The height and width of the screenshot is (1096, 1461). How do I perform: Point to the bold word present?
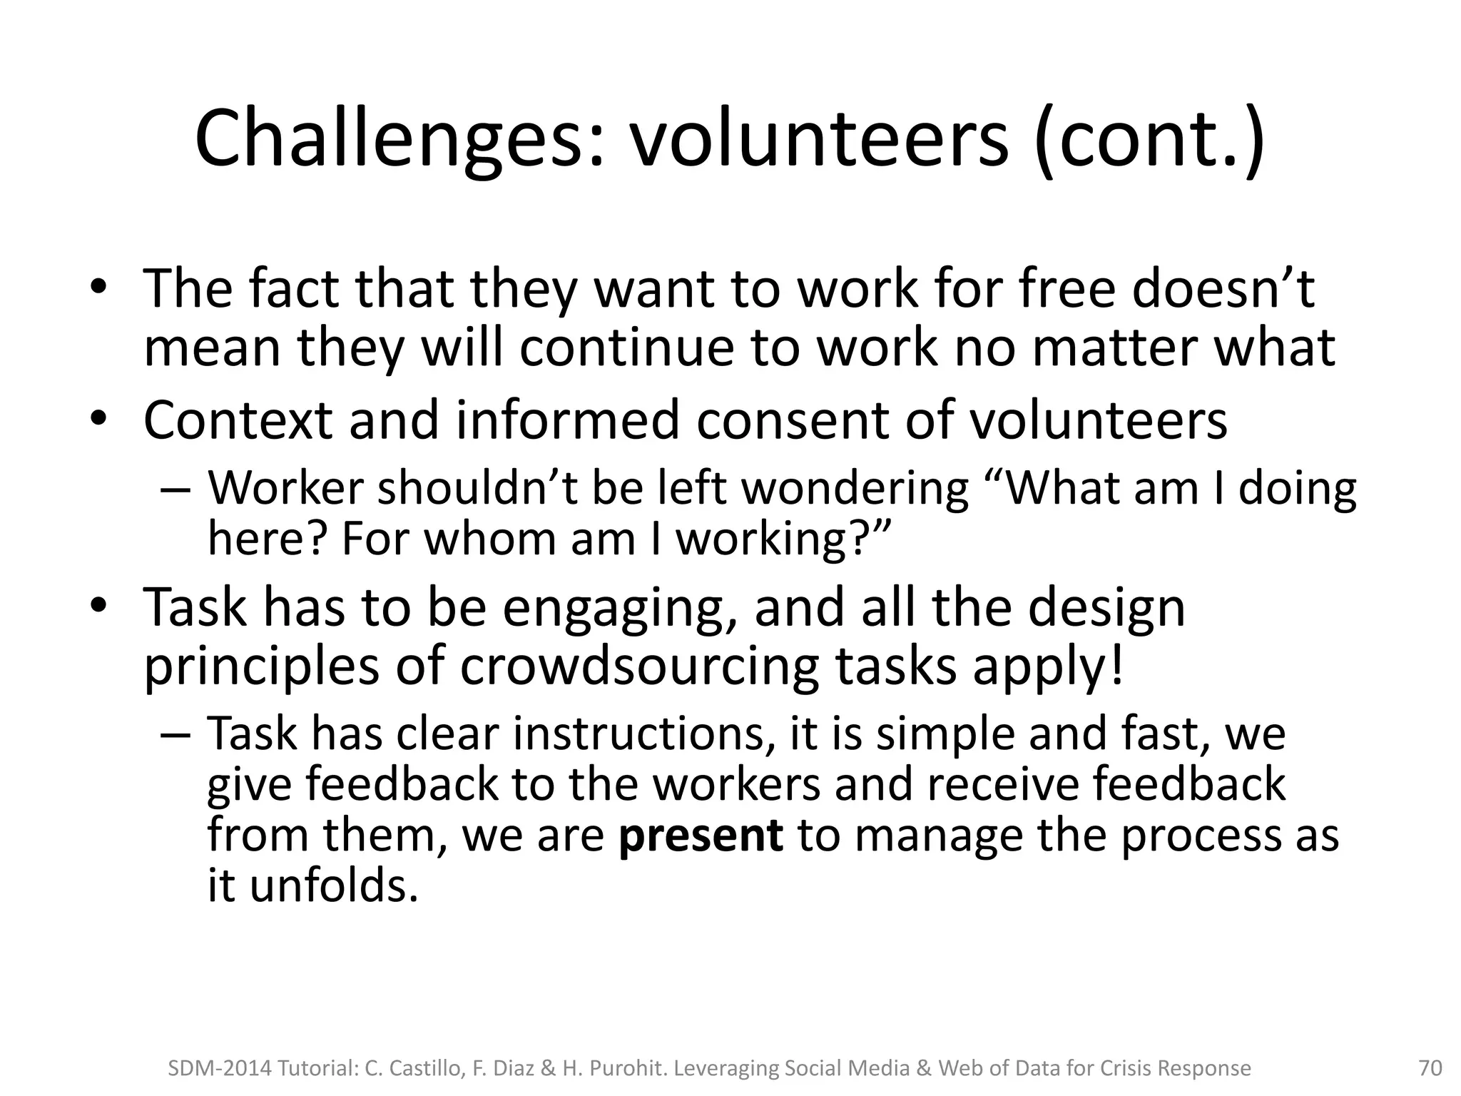701,835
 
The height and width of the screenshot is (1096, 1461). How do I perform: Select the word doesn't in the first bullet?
1223,289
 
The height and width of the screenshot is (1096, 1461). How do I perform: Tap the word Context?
238,421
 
